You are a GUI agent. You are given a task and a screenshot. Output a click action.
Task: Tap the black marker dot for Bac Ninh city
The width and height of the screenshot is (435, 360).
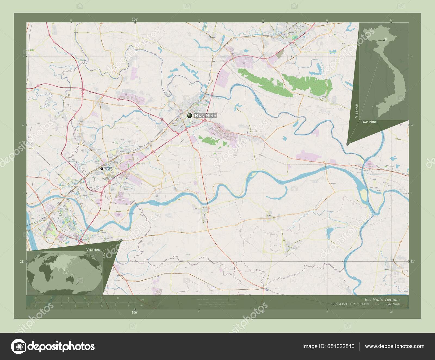click(x=189, y=116)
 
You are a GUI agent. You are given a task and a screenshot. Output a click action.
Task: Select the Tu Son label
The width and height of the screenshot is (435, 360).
click(x=108, y=169)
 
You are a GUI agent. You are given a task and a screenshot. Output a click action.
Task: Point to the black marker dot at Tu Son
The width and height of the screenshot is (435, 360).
click(x=102, y=169)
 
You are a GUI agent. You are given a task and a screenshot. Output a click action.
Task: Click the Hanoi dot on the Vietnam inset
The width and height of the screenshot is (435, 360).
click(x=384, y=40)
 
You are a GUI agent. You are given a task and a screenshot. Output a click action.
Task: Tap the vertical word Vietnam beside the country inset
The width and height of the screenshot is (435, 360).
click(x=356, y=110)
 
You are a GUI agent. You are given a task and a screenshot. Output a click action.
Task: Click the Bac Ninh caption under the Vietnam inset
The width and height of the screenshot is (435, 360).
click(x=369, y=122)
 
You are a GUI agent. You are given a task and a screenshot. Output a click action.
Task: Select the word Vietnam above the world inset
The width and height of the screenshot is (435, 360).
click(x=94, y=249)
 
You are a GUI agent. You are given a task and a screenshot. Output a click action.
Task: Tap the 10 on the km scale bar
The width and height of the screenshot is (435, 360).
click(x=118, y=298)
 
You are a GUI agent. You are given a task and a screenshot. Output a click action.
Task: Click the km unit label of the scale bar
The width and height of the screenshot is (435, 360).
click(x=142, y=300)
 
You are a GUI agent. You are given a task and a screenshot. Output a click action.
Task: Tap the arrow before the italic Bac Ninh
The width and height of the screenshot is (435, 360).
click(x=377, y=304)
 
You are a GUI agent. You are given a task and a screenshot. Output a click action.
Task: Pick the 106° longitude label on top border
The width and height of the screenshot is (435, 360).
click(x=135, y=19)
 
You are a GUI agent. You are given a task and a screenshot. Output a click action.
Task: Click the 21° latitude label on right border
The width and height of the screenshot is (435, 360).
click(x=412, y=262)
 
